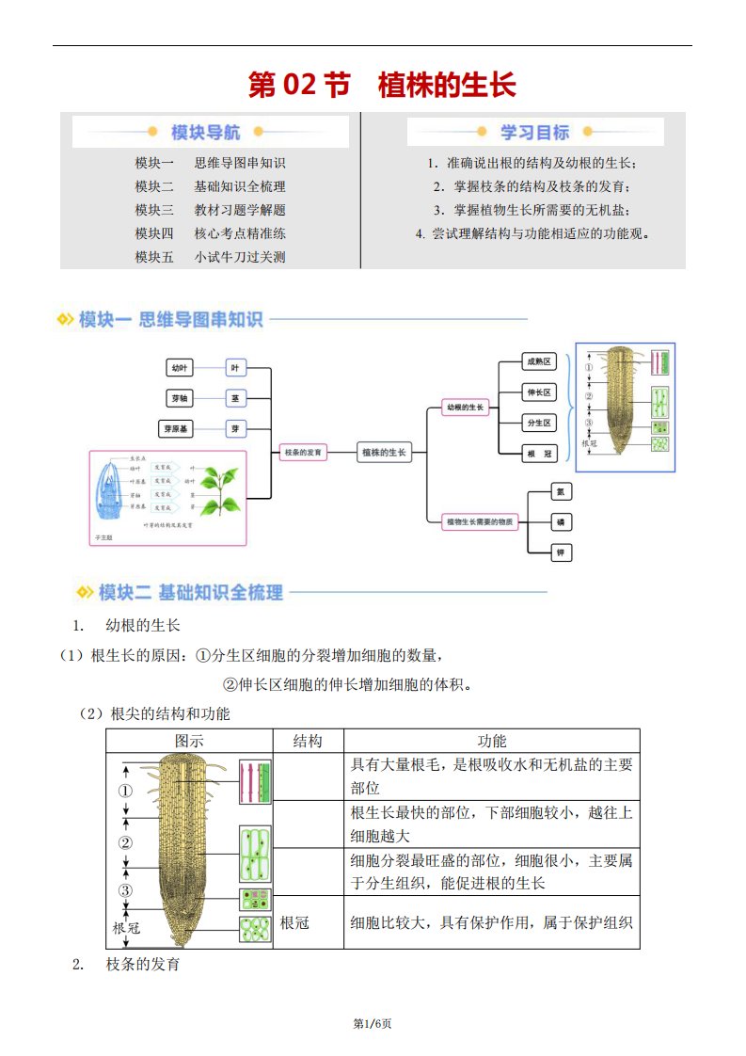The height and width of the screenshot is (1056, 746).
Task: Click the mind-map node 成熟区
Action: click(x=541, y=362)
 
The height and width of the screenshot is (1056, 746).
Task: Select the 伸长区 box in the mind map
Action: click(x=540, y=392)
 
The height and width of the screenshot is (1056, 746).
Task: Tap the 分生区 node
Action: click(x=540, y=424)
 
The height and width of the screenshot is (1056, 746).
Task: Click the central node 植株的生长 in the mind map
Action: click(x=384, y=453)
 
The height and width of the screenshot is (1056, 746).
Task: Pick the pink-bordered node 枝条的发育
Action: click(x=303, y=453)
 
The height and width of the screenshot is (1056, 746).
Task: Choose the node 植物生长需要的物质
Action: click(x=481, y=521)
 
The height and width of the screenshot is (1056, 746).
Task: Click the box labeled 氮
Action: click(x=561, y=491)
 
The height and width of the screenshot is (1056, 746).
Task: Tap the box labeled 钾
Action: click(x=561, y=552)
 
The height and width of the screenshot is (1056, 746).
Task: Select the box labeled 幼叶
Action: click(x=179, y=368)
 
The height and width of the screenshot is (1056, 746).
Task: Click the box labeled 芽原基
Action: click(x=179, y=429)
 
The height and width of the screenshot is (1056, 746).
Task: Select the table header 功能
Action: click(x=492, y=742)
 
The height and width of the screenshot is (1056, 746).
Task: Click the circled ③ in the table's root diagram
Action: click(x=125, y=891)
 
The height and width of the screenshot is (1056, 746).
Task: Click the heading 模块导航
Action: click(x=205, y=133)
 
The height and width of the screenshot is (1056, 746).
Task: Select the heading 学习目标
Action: click(x=534, y=133)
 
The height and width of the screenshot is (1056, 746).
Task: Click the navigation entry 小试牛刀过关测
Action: click(x=240, y=257)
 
